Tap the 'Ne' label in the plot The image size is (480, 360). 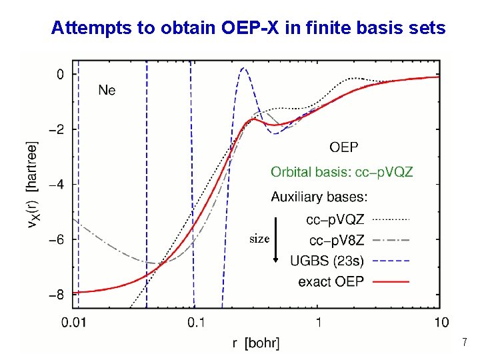point(107,89)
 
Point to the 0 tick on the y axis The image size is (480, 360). point(60,74)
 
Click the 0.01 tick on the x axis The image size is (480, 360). point(73,323)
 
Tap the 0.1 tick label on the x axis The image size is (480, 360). point(195,323)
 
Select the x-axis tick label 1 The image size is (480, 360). point(318,323)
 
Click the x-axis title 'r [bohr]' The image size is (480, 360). point(256,343)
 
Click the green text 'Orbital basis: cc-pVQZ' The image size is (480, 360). point(341,172)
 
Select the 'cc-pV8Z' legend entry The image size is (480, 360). point(335,239)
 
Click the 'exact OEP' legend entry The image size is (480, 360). point(331,281)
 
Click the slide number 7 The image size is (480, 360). point(465,343)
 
